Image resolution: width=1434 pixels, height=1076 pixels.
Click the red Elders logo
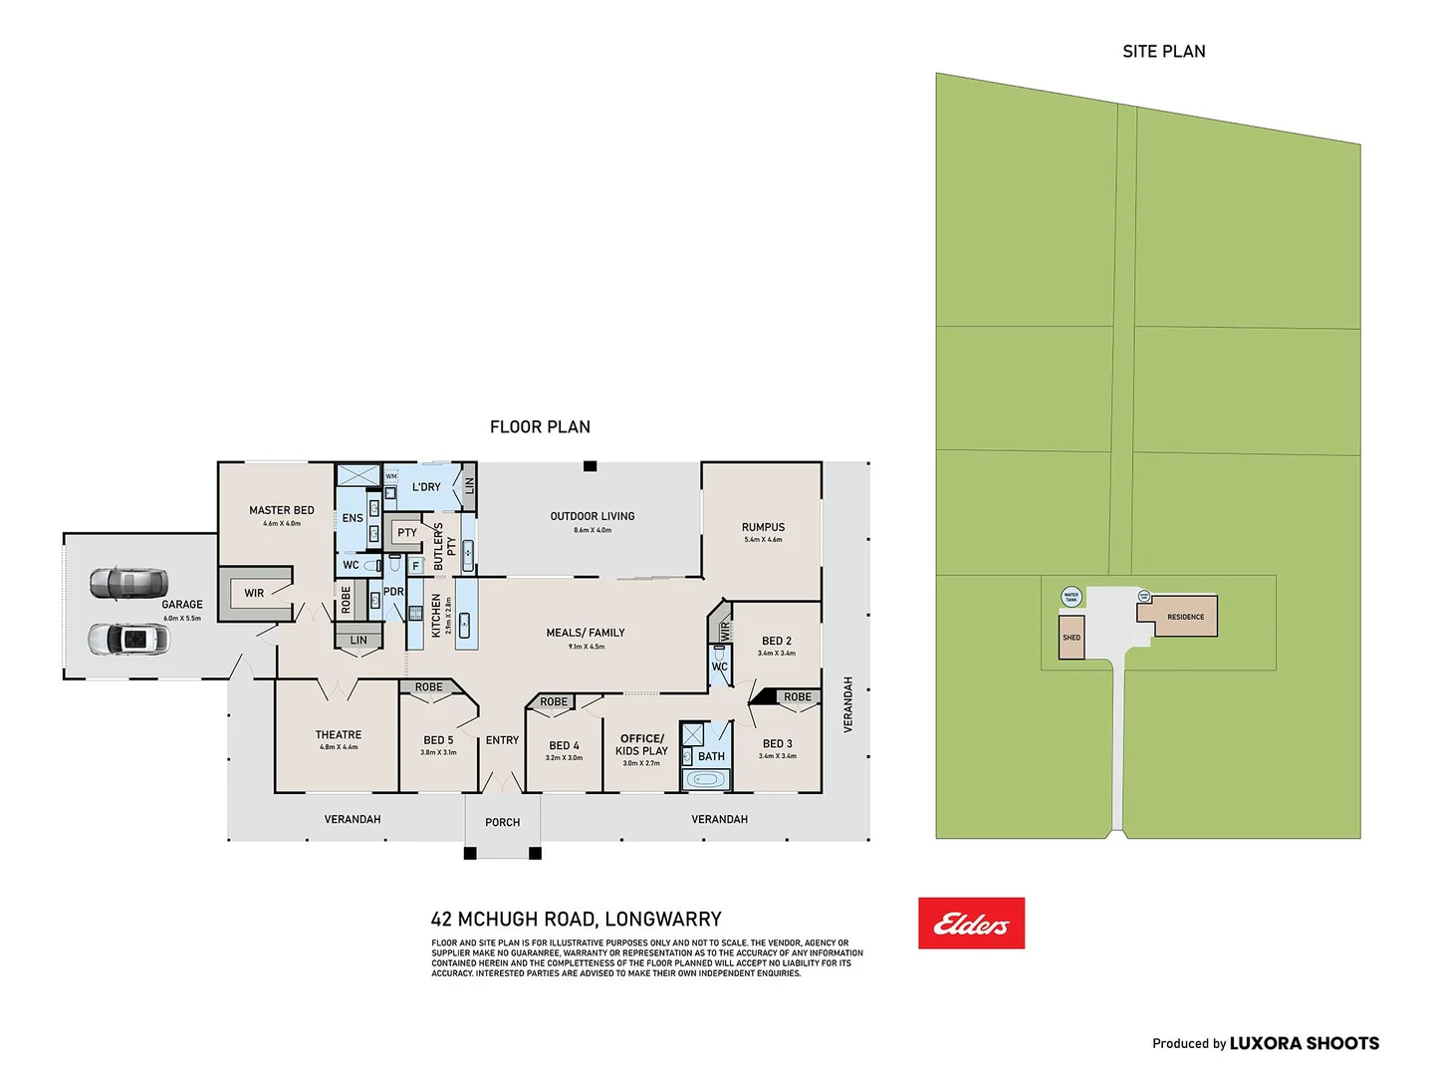(x=971, y=924)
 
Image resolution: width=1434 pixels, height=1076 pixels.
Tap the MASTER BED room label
(x=282, y=510)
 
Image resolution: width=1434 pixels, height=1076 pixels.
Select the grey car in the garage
(x=127, y=583)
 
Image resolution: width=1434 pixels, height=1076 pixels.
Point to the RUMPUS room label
(x=763, y=527)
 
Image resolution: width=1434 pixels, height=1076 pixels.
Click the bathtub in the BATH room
(x=706, y=780)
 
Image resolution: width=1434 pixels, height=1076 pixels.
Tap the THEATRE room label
(x=339, y=735)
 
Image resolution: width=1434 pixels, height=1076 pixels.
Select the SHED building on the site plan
(x=1072, y=638)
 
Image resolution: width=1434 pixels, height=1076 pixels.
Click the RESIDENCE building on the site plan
(x=1185, y=617)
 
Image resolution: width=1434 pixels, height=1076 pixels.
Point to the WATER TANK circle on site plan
(x=1072, y=597)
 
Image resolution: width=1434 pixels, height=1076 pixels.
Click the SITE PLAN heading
(x=1163, y=52)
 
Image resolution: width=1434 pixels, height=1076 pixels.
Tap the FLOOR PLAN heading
(x=540, y=427)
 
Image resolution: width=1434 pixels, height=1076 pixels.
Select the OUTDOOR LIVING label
(x=593, y=516)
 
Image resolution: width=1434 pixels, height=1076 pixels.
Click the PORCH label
(x=502, y=823)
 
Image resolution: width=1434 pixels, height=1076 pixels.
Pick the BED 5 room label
(x=438, y=740)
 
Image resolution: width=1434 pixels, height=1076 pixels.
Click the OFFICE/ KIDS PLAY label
(x=641, y=745)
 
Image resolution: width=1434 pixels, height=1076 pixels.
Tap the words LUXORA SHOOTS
(x=1304, y=1043)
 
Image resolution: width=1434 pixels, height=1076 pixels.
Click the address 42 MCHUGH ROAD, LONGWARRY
(x=576, y=920)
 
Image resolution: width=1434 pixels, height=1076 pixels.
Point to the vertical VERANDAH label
(x=848, y=704)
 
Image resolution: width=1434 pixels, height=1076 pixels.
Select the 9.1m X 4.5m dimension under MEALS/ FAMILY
(x=586, y=647)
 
